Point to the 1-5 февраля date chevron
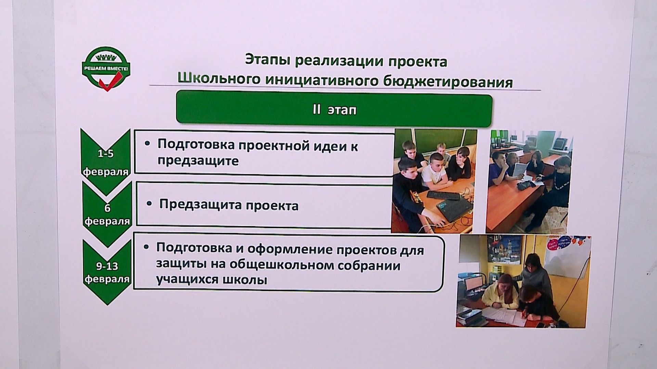(x=106, y=157)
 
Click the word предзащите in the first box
(x=198, y=161)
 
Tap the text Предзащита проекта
(x=229, y=205)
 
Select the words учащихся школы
(x=211, y=280)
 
